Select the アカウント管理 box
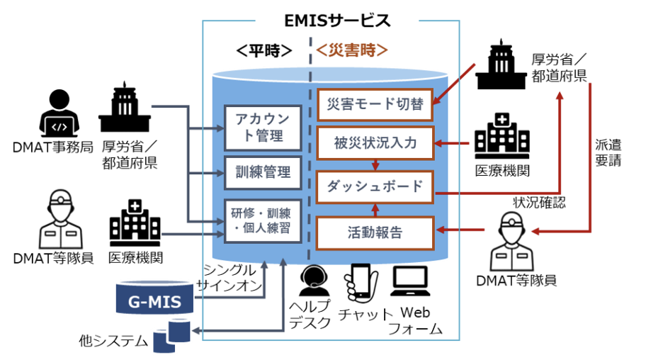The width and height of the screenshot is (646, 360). click(x=259, y=128)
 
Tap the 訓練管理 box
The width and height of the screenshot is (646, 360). click(x=259, y=171)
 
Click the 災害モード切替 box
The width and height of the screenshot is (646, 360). click(x=374, y=106)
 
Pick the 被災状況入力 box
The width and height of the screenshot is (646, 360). click(x=374, y=145)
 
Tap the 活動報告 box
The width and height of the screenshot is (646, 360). click(x=374, y=232)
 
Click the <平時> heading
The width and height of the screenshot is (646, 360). click(x=263, y=50)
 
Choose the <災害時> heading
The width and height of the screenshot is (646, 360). click(x=352, y=50)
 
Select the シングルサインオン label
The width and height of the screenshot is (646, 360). click(x=230, y=279)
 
